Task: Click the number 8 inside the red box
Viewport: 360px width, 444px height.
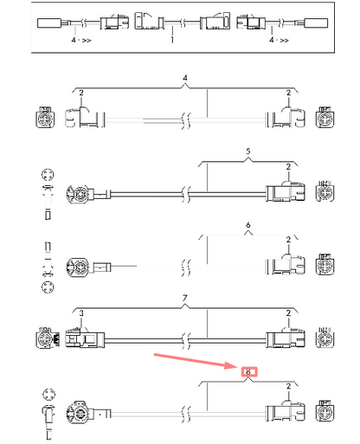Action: [248, 372]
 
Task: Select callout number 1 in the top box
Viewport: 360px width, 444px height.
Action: [172, 40]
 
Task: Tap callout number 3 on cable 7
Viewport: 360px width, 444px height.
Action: [81, 313]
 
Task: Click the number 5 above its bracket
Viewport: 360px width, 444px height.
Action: [248, 151]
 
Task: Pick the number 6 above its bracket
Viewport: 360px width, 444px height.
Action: [248, 225]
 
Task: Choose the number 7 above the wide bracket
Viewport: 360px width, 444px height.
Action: [185, 298]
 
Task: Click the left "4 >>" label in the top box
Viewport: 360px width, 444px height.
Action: [81, 40]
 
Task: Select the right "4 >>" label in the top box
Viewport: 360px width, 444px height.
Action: [279, 40]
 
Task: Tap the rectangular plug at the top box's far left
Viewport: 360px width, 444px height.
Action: [49, 23]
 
